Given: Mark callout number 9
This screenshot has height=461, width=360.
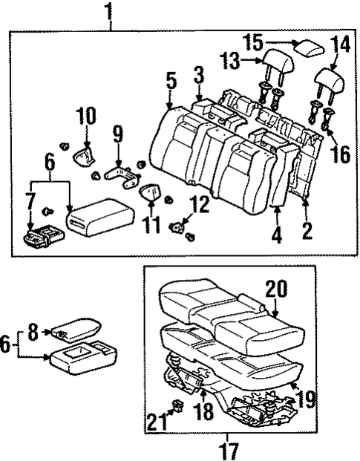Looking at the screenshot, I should click(117, 135).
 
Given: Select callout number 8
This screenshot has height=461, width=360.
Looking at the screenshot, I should click(32, 334).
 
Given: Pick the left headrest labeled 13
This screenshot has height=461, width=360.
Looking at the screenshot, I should click(272, 67).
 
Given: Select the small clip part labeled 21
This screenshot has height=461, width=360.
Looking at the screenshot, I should click(179, 405).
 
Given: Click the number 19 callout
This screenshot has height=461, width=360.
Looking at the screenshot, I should click(304, 401).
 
